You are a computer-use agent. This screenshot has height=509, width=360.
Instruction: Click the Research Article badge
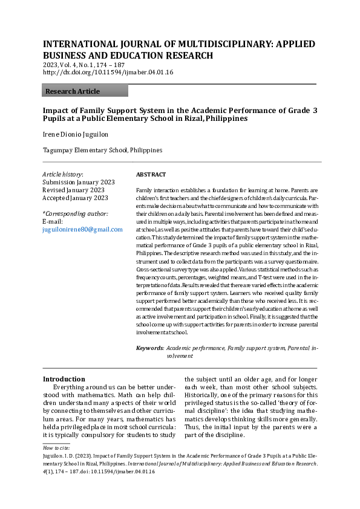click(85, 91)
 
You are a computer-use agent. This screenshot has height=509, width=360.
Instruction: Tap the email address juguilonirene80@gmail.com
click(82, 230)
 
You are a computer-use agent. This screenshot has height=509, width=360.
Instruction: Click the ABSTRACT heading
click(151, 175)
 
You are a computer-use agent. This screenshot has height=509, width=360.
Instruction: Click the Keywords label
click(149, 348)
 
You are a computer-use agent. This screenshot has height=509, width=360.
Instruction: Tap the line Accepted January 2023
click(75, 198)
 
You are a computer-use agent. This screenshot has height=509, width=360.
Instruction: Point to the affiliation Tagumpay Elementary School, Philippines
click(102, 150)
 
